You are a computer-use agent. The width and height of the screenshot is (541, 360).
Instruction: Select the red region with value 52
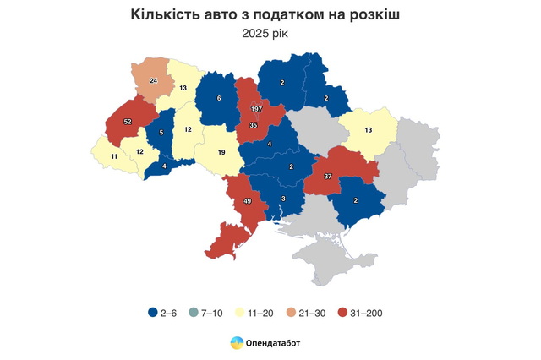coord(128,122)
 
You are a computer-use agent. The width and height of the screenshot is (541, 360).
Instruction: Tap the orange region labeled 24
coord(153,80)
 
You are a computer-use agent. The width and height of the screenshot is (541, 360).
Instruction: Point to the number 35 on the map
coord(253,125)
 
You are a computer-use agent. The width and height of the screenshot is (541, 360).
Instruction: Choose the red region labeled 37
coord(326,176)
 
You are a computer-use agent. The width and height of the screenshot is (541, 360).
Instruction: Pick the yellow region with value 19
coord(220,153)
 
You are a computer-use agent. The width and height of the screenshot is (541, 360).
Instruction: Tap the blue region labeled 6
coord(219,99)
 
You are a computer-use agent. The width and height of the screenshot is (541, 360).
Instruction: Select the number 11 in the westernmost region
coord(114,156)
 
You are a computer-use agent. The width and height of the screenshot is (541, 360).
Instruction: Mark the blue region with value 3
coord(283,199)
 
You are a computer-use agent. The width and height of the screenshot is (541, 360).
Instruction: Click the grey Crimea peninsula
coord(325,254)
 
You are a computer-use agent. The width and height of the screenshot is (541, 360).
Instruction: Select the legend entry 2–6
coord(162,313)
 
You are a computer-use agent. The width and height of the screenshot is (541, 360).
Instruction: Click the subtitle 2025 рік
coord(270,33)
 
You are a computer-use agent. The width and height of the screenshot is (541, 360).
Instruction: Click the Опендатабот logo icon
coord(237,342)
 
